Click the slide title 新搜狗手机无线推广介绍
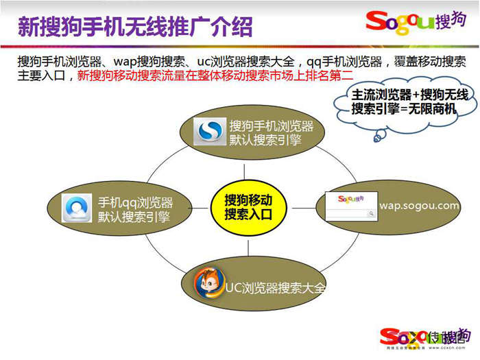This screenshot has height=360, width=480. (134, 26)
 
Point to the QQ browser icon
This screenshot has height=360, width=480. (76, 208)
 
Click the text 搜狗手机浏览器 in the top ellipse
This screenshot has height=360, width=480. (272, 126)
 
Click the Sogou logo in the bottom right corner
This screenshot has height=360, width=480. (425, 336)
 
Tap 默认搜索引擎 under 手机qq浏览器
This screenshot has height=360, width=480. (134, 217)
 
